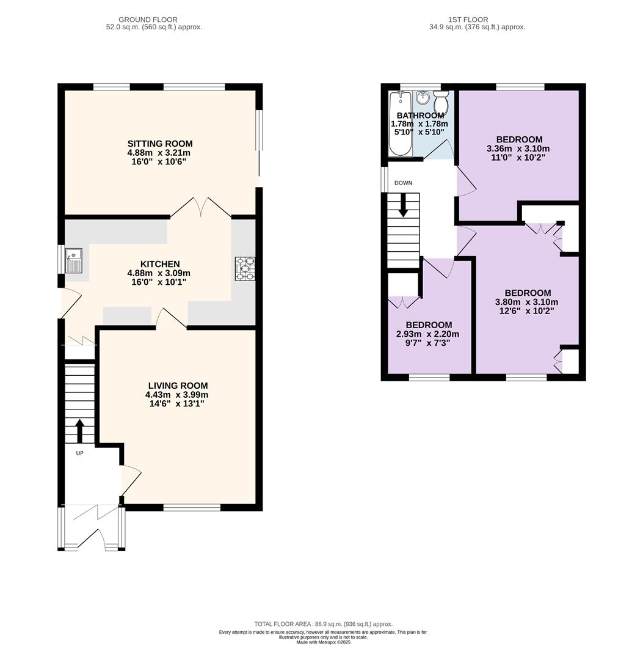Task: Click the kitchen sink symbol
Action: pyautogui.click(x=74, y=260)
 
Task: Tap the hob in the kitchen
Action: pyautogui.click(x=245, y=268)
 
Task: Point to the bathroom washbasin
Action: pyautogui.click(x=422, y=98)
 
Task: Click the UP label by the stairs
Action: pyautogui.click(x=79, y=453)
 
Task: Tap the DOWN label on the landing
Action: pyautogui.click(x=403, y=183)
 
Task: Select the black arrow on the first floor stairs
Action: pyautogui.click(x=403, y=205)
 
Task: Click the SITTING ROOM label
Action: pyautogui.click(x=160, y=144)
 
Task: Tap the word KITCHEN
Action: pyautogui.click(x=160, y=264)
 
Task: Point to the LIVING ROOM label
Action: pyautogui.click(x=178, y=386)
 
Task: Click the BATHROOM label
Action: pyautogui.click(x=420, y=116)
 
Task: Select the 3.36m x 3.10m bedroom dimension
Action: pyautogui.click(x=518, y=148)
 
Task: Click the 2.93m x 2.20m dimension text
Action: pyautogui.click(x=427, y=334)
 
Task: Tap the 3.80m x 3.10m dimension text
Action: pyautogui.click(x=526, y=302)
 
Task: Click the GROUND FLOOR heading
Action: pyautogui.click(x=148, y=20)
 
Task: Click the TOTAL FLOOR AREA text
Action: pyautogui.click(x=323, y=624)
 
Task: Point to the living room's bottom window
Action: pyautogui.click(x=192, y=508)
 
